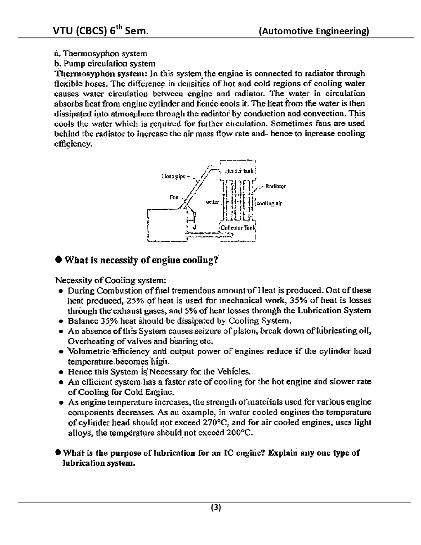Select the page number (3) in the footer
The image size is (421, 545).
(x=216, y=507)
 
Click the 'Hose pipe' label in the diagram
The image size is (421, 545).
(x=173, y=176)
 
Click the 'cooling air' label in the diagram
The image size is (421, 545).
(x=270, y=203)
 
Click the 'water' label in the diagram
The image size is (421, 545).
(x=212, y=202)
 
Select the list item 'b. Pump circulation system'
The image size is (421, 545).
(x=105, y=64)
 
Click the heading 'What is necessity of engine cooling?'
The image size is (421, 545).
(x=141, y=260)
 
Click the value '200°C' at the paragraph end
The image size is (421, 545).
(x=239, y=433)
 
